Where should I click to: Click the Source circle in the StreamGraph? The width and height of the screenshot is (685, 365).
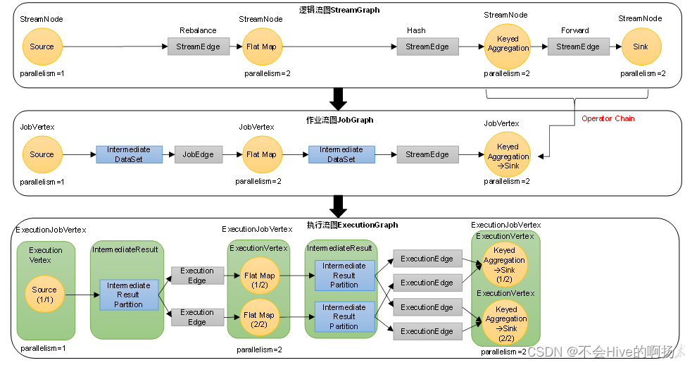point(42,47)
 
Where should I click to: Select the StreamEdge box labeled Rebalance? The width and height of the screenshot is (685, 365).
point(198,47)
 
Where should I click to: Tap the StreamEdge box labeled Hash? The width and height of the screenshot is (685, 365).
point(427,47)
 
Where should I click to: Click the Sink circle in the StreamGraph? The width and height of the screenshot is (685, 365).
point(641,47)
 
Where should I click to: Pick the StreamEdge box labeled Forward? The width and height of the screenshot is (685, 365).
point(578,47)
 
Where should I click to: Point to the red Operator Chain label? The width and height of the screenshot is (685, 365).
point(608,118)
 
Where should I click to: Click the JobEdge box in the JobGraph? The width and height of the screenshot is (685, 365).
point(199,154)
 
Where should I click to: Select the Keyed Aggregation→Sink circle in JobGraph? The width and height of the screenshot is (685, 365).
point(507,156)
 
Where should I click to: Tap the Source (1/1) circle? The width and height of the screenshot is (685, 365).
point(44,295)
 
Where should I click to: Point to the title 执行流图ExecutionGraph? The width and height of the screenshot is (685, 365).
point(352,225)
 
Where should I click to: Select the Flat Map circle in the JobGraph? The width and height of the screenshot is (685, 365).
point(262,154)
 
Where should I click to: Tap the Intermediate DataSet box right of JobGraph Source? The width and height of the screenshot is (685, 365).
point(129,154)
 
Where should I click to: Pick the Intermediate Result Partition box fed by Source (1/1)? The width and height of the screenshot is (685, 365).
point(128,295)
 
